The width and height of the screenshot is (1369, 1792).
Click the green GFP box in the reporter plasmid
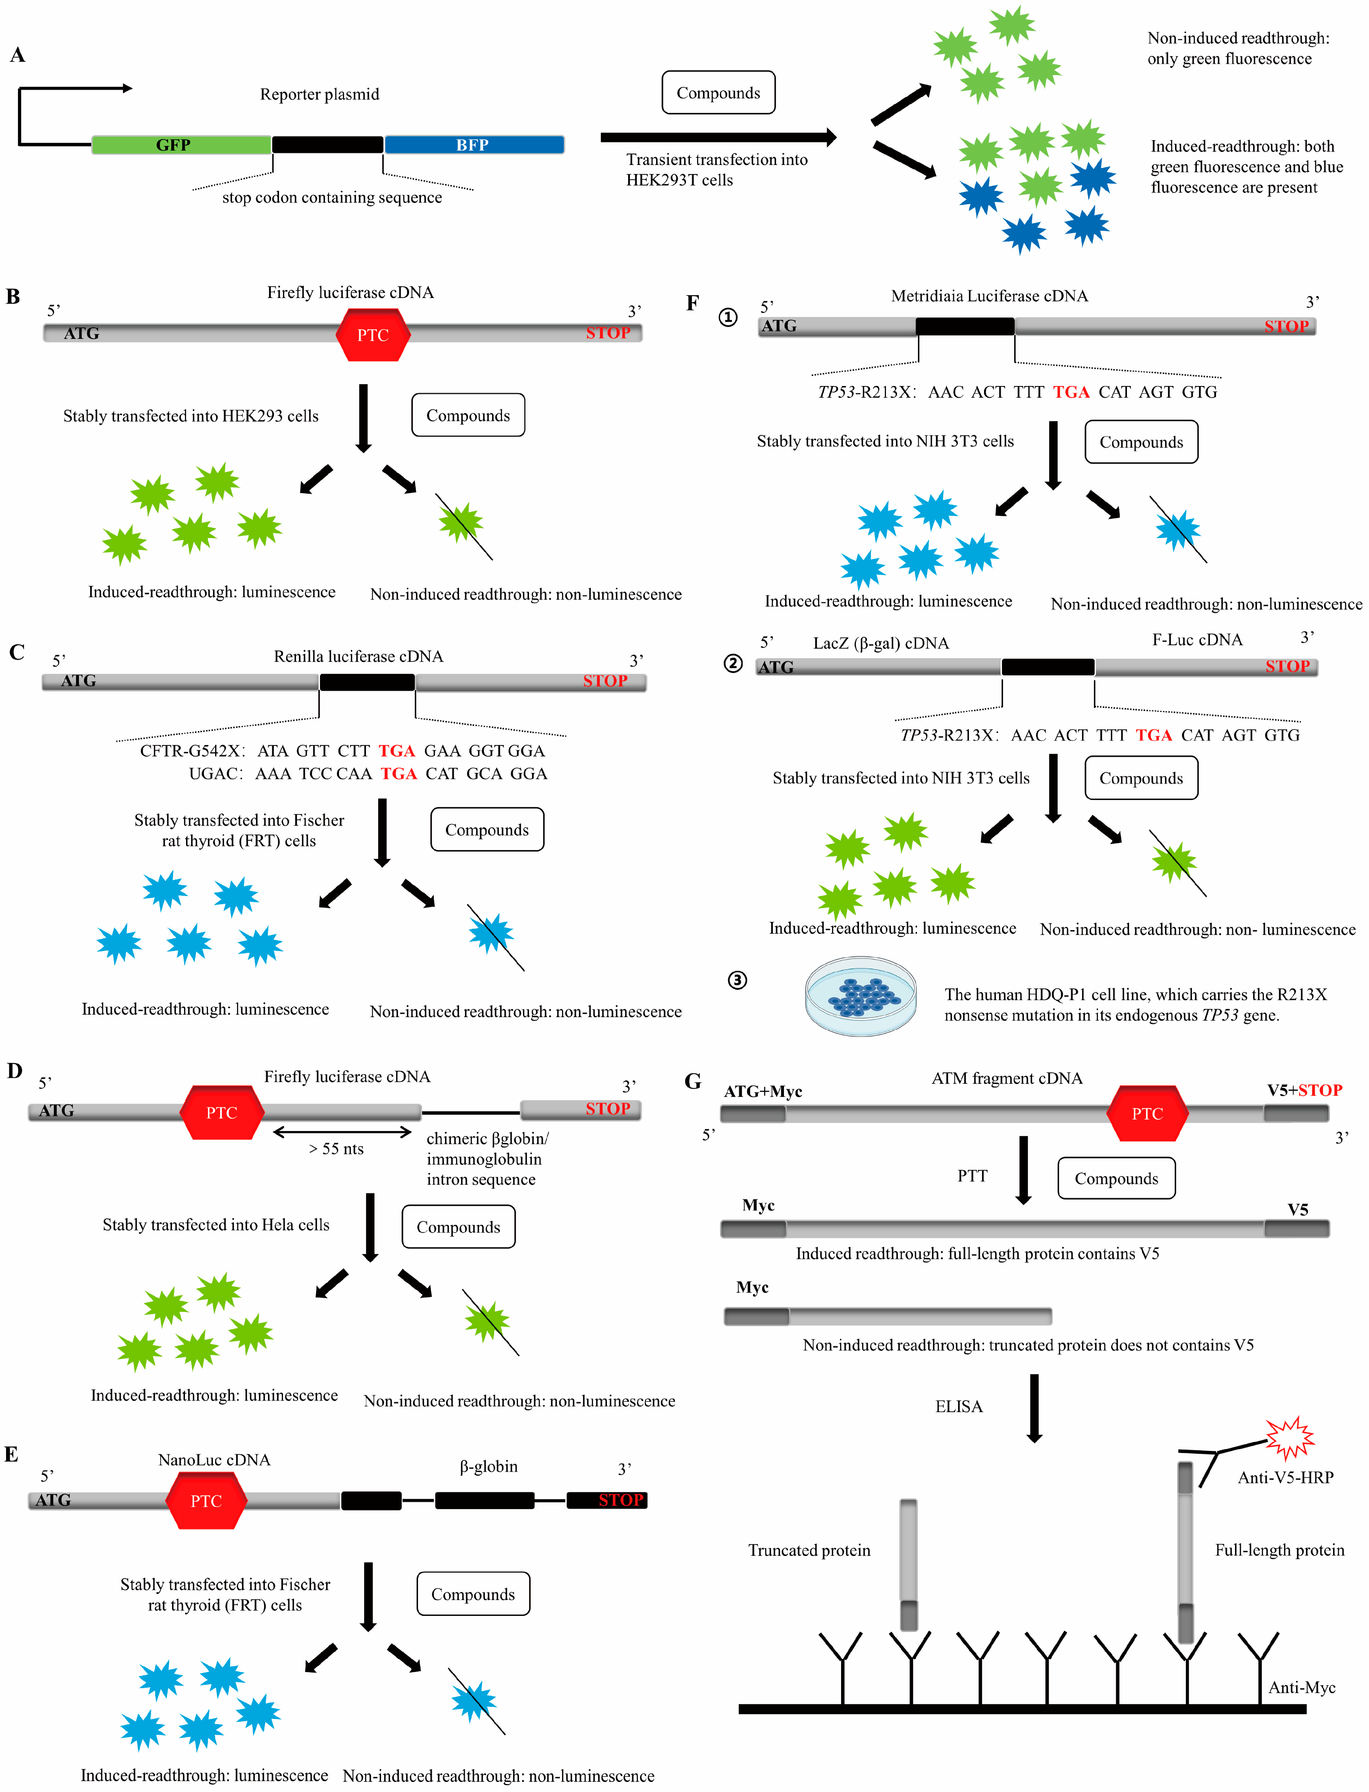tap(181, 145)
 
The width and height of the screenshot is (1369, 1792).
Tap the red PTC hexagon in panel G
tap(1147, 1114)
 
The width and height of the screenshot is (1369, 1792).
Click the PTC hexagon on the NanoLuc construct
tap(206, 1501)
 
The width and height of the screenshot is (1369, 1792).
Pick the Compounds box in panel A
tap(718, 93)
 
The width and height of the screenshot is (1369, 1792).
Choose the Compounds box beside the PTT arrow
tap(1115, 1178)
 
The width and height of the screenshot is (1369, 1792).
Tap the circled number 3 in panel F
tap(737, 980)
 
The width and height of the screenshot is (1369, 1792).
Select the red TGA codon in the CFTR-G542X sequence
tap(397, 751)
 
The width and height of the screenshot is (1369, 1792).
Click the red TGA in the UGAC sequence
tap(399, 774)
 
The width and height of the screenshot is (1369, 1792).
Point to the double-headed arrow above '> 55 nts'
tap(342, 1132)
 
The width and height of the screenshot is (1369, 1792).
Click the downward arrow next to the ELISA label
tap(1034, 1408)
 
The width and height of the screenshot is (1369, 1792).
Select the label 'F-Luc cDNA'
tap(1197, 640)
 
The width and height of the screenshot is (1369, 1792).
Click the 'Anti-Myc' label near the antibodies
tap(1301, 1688)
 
